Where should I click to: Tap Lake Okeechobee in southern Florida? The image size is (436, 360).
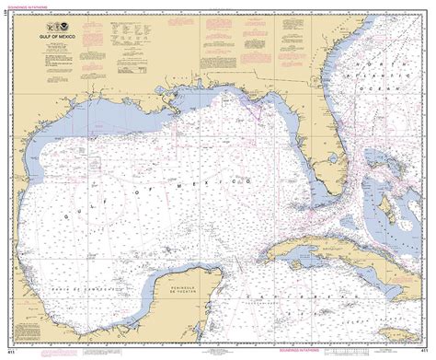[342, 148]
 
